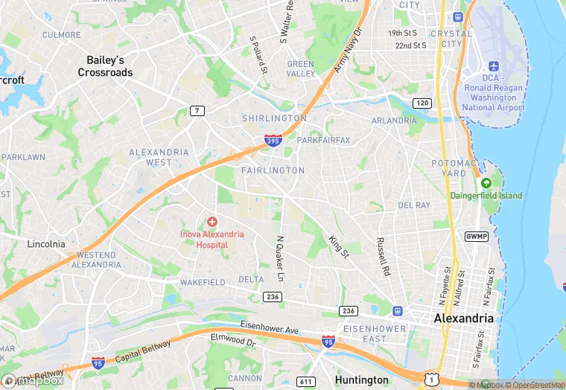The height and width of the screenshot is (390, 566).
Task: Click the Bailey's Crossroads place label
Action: pos(105,66)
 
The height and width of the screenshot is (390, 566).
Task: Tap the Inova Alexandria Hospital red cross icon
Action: pos(212,222)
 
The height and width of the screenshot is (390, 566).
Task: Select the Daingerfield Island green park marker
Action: pos(486,183)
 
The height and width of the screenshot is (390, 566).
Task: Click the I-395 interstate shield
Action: pos(273,141)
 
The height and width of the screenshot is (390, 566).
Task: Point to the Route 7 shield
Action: pos(197,111)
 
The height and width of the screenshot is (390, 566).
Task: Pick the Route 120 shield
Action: pos(422,103)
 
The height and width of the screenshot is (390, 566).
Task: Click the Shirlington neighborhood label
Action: pos(274,118)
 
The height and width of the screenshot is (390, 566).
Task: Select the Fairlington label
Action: pos(273,170)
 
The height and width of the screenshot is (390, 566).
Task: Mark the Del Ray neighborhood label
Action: pos(415,205)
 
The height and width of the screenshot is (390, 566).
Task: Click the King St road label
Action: pos(339,247)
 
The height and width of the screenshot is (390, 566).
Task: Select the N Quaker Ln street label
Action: pos(281,259)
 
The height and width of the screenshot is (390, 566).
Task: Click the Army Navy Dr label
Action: pos(347,51)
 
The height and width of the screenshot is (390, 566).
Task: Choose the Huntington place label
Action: pos(362,380)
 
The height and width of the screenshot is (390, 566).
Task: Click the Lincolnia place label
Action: pos(45,243)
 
